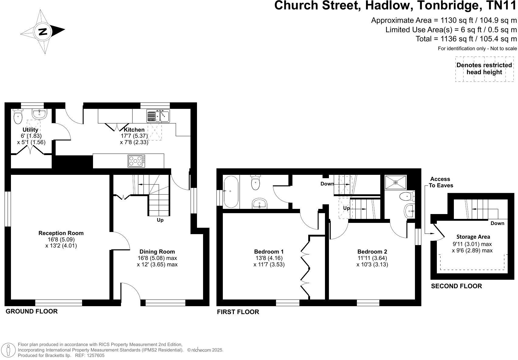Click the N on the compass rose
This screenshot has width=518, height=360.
point(43,31)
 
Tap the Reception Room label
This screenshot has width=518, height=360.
point(61,233)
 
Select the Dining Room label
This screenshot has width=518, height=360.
point(157,252)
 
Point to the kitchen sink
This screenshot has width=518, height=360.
point(158,116)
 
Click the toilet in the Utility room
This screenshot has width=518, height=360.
point(18,116)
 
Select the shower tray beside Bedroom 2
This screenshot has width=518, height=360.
point(395,182)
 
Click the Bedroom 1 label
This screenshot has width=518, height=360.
point(269,252)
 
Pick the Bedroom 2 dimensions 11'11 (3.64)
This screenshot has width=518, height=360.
point(372,258)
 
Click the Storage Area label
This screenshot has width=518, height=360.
point(473,237)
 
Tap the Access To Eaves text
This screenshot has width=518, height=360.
point(440,182)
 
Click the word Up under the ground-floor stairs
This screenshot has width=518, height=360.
point(160,220)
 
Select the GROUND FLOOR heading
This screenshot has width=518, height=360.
point(32,311)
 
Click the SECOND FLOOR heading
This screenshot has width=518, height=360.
point(456,286)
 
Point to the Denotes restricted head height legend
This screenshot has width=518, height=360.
point(484,69)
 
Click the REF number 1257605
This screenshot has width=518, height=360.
point(94,355)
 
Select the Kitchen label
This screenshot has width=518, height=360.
point(134,130)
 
